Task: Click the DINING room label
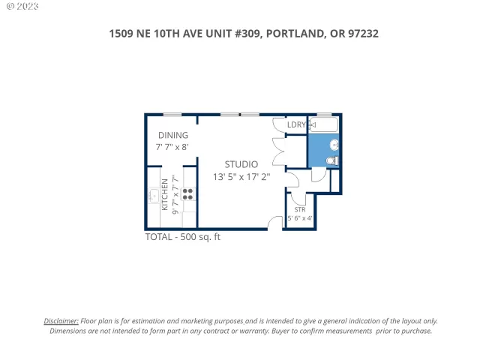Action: [172, 135]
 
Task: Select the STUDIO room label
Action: [241, 164]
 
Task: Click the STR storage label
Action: [299, 209]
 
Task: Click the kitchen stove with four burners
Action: [187, 194]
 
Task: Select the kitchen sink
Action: [153, 197]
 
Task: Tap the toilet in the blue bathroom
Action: [333, 160]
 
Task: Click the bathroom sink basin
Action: [334, 144]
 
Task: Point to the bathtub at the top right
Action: [324, 124]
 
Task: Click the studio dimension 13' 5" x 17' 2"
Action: [241, 177]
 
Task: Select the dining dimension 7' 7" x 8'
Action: [172, 147]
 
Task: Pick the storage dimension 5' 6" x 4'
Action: [300, 219]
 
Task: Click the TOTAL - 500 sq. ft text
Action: [182, 237]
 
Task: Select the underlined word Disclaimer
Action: [61, 320]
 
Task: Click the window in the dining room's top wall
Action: [172, 115]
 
